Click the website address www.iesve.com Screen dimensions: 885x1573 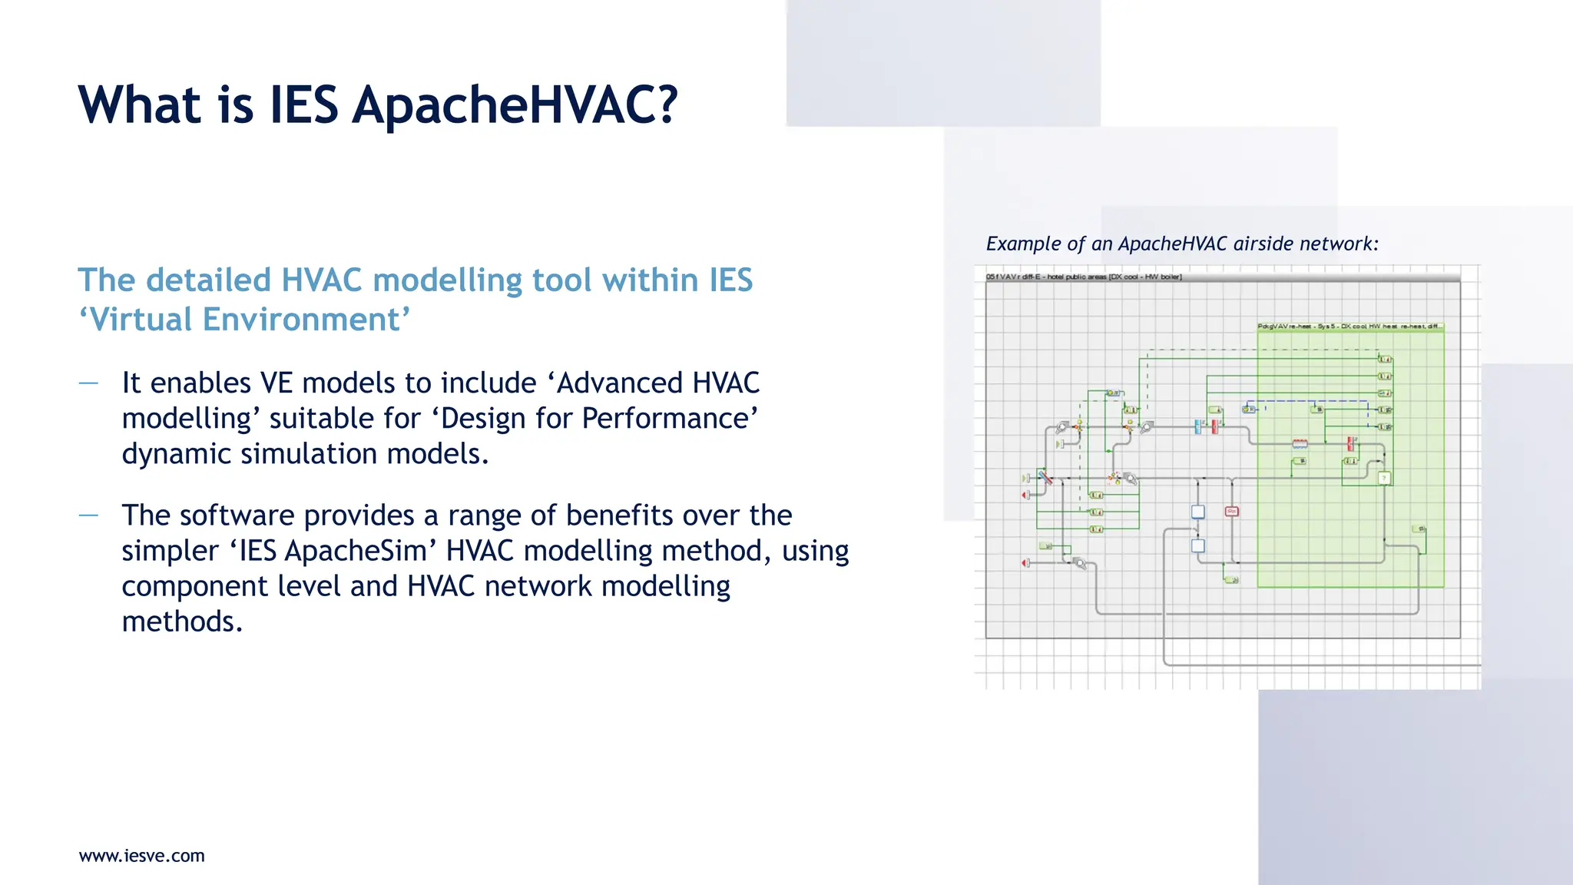[142, 856]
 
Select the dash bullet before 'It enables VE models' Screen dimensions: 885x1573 [88, 383]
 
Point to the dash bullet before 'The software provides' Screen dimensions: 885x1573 [88, 515]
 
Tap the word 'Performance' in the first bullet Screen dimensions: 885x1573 [670, 419]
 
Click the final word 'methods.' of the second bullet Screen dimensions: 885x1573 [182, 621]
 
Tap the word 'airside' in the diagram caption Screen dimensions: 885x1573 [1263, 244]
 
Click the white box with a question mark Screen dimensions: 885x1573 [1384, 478]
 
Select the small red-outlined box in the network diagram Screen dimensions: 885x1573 [1232, 511]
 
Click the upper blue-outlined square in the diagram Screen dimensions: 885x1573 [1198, 512]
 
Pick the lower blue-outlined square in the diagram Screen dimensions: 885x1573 [1198, 545]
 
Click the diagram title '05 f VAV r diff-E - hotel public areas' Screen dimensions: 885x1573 [1084, 277]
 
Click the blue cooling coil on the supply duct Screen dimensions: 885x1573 [1197, 426]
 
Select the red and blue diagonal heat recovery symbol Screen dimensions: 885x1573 [1045, 477]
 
